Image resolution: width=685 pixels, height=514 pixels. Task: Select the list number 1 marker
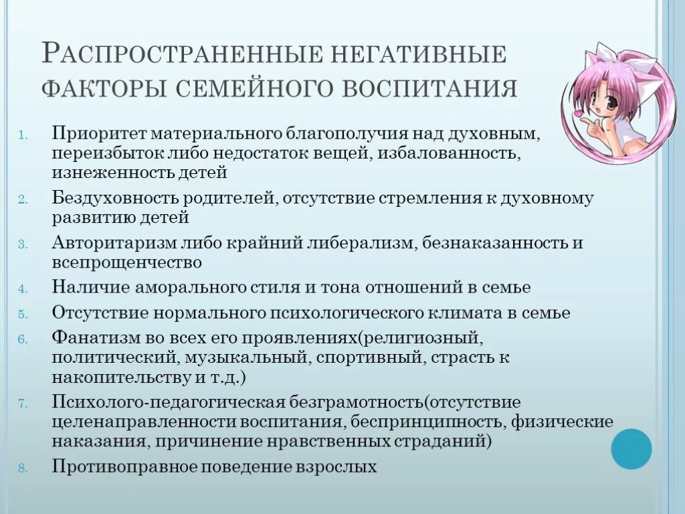click(x=22, y=133)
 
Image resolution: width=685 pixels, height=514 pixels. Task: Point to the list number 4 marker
click(x=21, y=288)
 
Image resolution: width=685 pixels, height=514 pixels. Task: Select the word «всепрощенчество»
click(x=127, y=262)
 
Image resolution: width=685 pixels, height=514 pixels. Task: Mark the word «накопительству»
click(x=120, y=377)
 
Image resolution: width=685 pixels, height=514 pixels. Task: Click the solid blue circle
click(x=631, y=448)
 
